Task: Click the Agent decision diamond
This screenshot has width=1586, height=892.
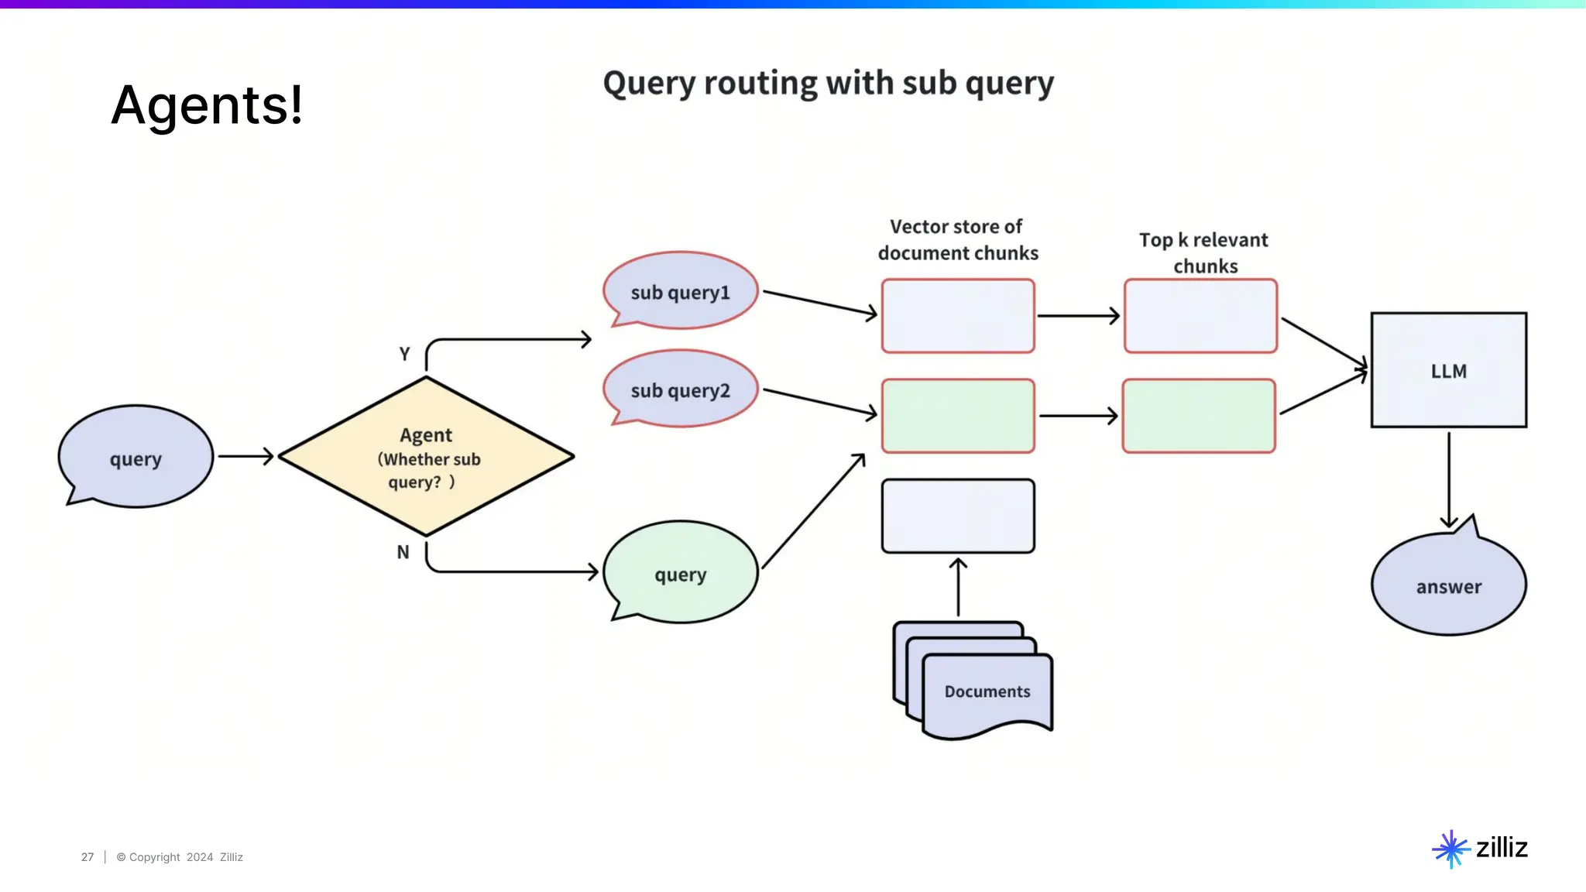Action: [x=426, y=456]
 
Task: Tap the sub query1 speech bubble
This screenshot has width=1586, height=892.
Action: [x=681, y=290]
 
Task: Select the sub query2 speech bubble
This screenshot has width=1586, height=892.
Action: [x=681, y=389]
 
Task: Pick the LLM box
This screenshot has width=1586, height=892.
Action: [x=1449, y=370]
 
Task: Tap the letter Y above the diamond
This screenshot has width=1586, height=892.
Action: [x=404, y=354]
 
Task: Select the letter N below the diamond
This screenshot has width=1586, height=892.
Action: [x=403, y=552]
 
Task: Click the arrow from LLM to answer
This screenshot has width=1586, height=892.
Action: [x=1449, y=480]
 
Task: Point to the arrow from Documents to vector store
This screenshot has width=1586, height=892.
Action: [x=958, y=587]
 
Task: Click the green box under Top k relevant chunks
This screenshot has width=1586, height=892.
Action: [x=1199, y=416]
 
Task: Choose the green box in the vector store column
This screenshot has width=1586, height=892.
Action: [x=958, y=416]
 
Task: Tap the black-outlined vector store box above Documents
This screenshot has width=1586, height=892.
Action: [x=958, y=516]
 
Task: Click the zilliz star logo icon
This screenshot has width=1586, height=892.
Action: [x=1451, y=849]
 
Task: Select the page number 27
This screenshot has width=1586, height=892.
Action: [x=88, y=857]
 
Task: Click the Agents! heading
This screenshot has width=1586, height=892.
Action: [x=207, y=105]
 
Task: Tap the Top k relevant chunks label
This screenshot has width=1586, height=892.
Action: [x=1204, y=252]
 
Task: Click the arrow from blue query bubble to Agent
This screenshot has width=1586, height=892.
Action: [x=246, y=456]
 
